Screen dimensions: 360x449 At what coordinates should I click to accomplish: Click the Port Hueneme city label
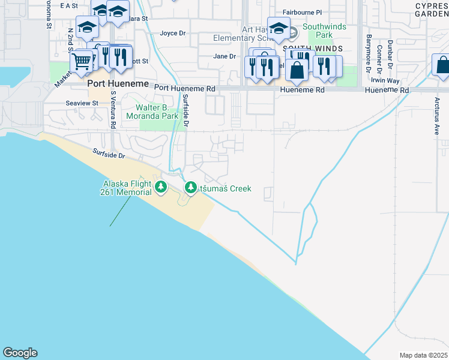pos(118,84)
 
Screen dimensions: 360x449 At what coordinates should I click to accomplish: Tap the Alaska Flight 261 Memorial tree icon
pos(160,187)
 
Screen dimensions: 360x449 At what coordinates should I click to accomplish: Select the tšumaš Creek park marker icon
pos(191,188)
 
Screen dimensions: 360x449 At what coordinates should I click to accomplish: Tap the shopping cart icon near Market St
pos(82,61)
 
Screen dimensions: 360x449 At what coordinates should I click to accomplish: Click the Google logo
pos(20,353)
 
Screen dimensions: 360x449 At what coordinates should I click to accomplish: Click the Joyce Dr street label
pos(173,33)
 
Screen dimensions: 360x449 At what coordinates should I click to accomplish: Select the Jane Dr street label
pos(224,56)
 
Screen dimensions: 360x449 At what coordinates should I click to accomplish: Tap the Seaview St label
pos(82,103)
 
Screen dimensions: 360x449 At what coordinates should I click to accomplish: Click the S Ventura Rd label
pos(113,110)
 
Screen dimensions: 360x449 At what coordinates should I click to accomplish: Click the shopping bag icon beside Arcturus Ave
pos(442,65)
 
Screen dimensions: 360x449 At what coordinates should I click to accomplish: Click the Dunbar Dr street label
pos(390,54)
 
